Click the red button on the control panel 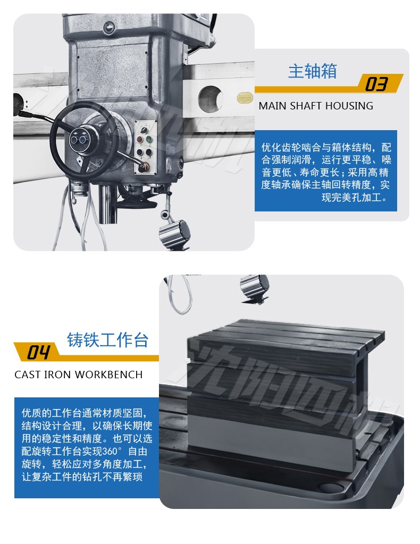tap(139, 140)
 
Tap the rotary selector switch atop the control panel tap(144, 130)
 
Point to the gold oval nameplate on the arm tap(245, 98)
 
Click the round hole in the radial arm tap(211, 99)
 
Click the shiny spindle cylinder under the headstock tap(106, 204)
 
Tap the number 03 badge tap(376, 84)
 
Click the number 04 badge tap(38, 352)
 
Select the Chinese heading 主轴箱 tap(313, 71)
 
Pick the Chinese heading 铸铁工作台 tap(107, 340)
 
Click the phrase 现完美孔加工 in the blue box tap(351, 198)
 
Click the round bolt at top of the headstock tap(108, 28)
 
